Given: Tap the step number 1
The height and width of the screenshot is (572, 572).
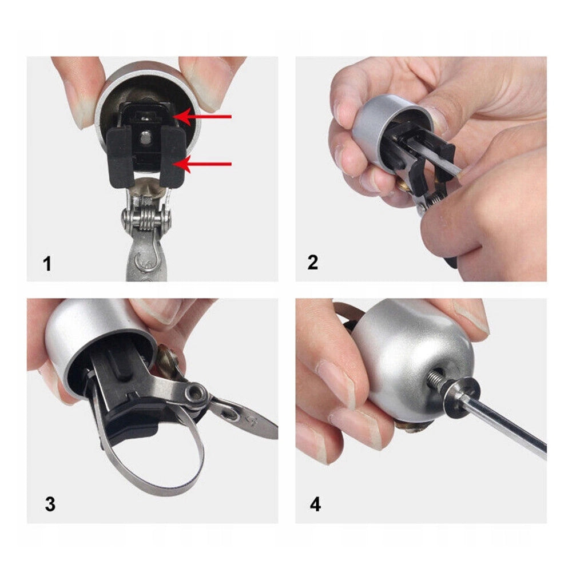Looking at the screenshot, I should pos(47,264).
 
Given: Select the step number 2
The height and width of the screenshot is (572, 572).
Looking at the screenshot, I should pos(313,263).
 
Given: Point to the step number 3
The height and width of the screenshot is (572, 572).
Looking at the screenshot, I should pos(50,504).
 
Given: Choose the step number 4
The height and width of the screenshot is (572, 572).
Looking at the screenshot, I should pos(315,504).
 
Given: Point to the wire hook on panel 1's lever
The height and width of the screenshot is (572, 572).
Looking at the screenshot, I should pos(148,257).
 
